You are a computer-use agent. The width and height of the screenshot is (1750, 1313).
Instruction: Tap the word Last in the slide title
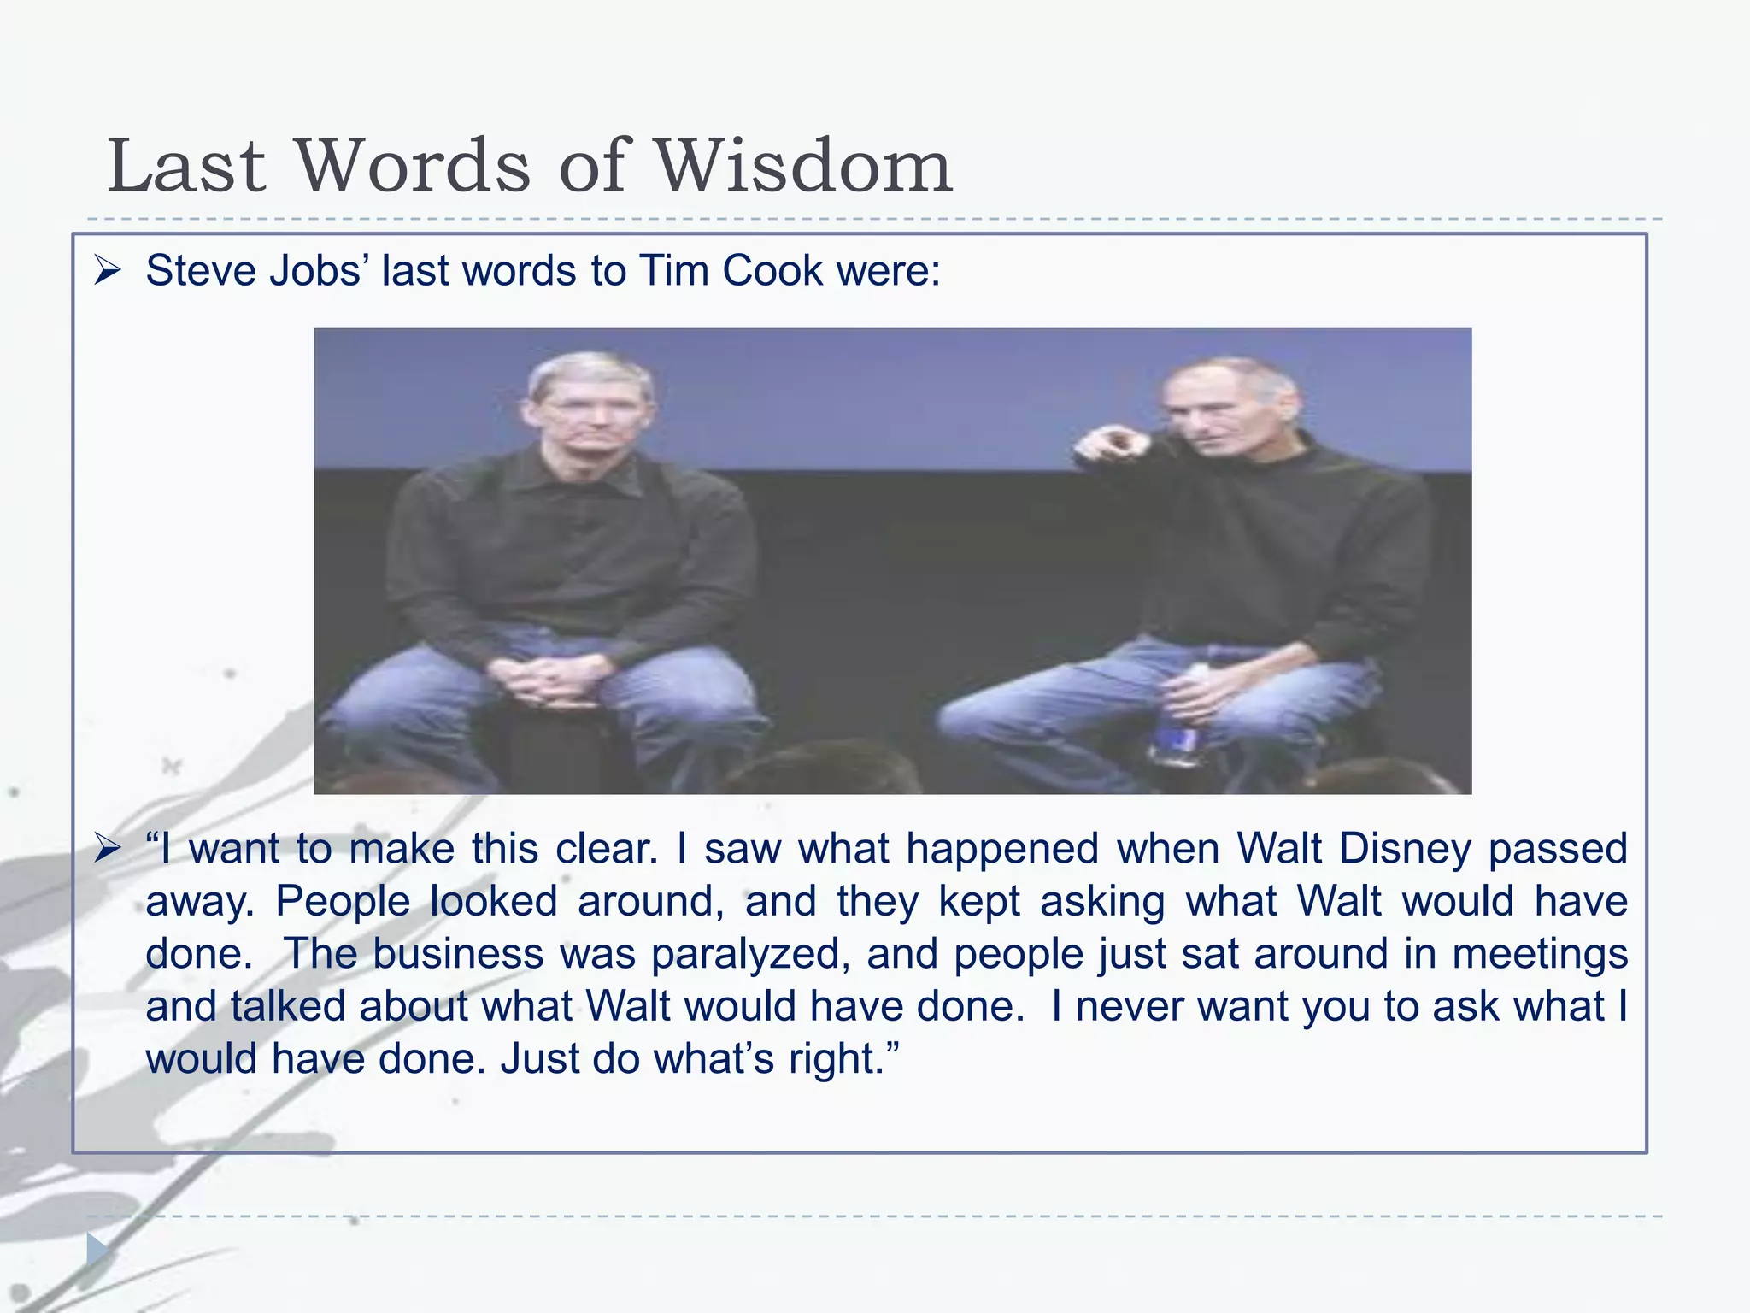pos(186,166)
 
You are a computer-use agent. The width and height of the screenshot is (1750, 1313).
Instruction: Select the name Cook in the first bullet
pos(772,271)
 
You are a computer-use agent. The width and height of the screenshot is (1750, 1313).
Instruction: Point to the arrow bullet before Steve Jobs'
pos(109,272)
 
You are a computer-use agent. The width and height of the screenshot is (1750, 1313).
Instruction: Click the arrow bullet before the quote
pos(109,849)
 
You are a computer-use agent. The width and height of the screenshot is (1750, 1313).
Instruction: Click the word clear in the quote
pos(606,849)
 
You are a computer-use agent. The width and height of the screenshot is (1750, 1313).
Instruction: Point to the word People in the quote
pos(343,901)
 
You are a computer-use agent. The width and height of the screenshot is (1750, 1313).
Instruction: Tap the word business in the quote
pos(458,954)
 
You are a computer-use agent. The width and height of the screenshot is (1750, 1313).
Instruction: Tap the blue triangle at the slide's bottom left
pos(97,1251)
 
